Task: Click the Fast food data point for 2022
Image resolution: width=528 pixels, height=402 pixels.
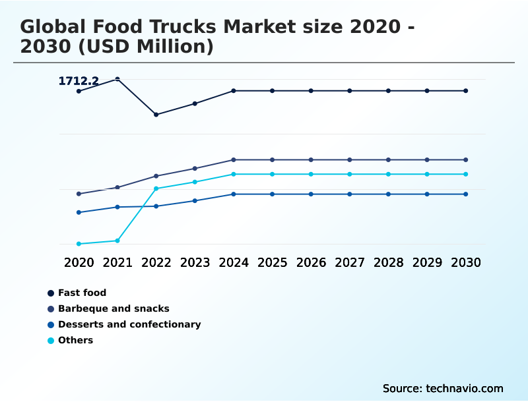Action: tap(156, 115)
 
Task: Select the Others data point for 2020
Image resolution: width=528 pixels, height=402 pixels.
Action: tap(79, 244)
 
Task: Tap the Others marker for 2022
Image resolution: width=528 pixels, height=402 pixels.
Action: tap(156, 188)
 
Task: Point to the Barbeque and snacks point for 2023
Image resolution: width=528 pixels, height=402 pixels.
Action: tap(195, 169)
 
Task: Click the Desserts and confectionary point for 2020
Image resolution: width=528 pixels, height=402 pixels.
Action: tap(79, 212)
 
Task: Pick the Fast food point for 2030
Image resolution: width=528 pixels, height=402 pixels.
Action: tap(465, 91)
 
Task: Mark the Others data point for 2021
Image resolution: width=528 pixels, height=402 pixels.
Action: tap(117, 241)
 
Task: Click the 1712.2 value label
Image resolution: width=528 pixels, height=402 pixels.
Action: tap(79, 81)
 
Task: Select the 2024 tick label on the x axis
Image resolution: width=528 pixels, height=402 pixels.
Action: tap(234, 262)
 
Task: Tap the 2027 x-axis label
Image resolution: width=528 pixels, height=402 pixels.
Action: tap(349, 262)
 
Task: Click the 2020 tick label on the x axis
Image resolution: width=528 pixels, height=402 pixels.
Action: tap(79, 262)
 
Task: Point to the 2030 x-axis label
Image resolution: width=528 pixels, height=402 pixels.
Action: tap(465, 262)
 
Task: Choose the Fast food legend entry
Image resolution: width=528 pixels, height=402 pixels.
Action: tap(82, 293)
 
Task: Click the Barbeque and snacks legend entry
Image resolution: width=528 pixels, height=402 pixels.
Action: tap(114, 308)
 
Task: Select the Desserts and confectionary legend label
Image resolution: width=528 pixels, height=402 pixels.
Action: tap(129, 324)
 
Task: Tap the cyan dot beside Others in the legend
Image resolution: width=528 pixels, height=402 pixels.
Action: tap(51, 341)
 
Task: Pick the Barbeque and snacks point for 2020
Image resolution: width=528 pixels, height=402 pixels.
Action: tap(79, 194)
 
